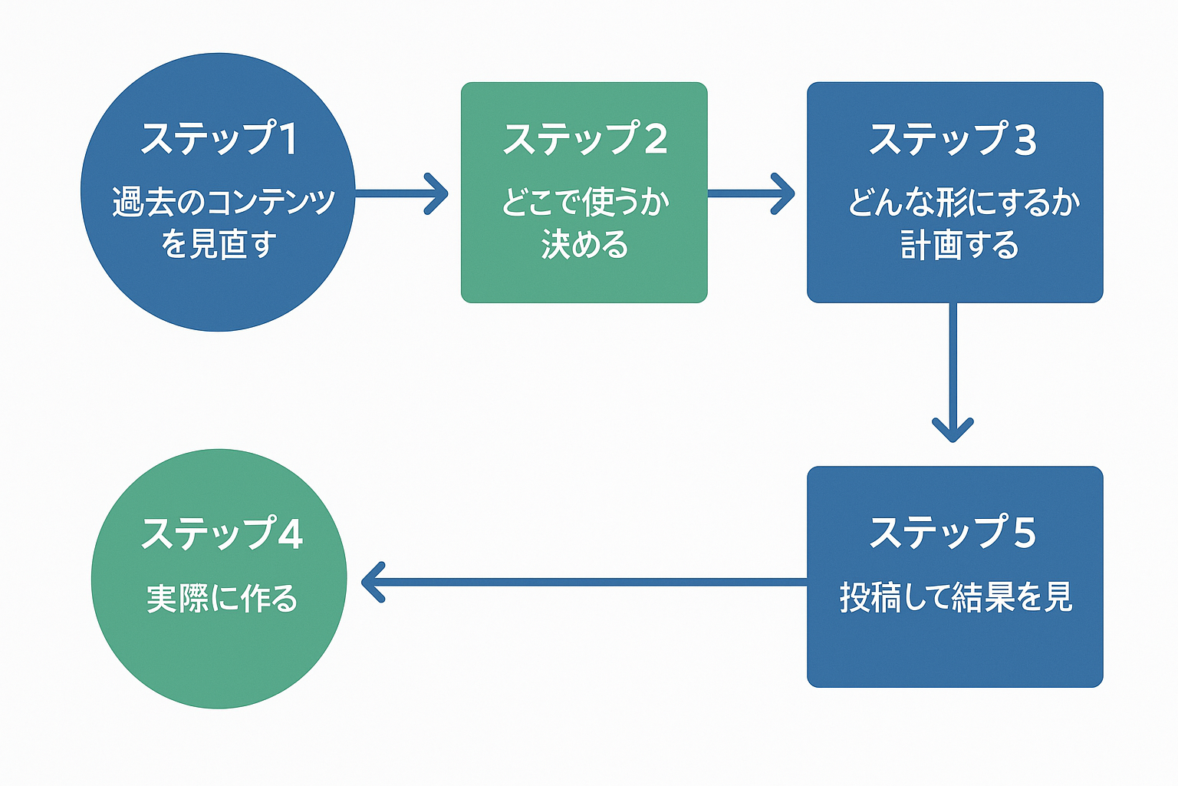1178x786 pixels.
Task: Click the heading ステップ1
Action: [219, 139]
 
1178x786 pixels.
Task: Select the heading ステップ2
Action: [584, 139]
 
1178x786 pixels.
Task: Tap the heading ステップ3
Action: [953, 140]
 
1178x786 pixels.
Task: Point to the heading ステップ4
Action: [222, 533]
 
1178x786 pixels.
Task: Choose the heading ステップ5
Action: [953, 532]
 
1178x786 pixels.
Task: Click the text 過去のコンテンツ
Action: [223, 202]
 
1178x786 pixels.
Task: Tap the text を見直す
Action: [219, 244]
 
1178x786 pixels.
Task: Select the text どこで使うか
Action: [585, 203]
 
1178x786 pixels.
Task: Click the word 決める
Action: [584, 245]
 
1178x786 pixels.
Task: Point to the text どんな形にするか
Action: [963, 203]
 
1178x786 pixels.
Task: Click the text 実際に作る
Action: [222, 599]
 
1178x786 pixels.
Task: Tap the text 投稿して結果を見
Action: [956, 597]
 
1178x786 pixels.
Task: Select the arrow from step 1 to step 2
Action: [401, 193]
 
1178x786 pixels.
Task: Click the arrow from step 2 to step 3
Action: [750, 193]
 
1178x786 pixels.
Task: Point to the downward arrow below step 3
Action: [953, 372]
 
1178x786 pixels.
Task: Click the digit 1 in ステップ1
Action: [288, 139]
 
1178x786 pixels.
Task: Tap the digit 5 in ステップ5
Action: [1024, 533]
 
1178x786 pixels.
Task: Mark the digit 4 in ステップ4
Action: [290, 534]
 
